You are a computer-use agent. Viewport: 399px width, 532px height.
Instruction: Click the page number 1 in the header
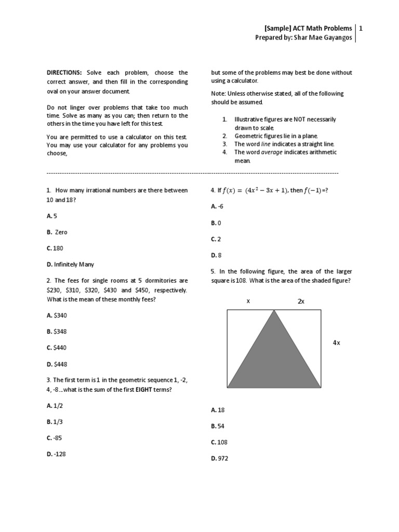point(361,28)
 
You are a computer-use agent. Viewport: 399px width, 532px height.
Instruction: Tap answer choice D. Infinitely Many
point(70,264)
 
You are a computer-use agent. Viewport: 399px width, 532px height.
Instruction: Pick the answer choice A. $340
point(57,315)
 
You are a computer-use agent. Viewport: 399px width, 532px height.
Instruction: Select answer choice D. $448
point(57,364)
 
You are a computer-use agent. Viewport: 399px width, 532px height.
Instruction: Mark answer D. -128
point(57,454)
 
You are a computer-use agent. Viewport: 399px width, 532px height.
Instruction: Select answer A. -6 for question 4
point(217,206)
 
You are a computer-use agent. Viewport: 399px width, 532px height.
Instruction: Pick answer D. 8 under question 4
point(216,255)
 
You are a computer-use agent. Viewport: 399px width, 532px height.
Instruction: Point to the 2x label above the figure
point(301,301)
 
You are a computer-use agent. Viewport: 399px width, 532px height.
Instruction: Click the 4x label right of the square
point(337,343)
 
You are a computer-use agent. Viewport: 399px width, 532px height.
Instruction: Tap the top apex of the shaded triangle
point(274,311)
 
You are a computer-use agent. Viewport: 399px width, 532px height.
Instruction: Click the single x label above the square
point(248,301)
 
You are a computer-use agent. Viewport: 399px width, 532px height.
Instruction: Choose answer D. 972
point(220,459)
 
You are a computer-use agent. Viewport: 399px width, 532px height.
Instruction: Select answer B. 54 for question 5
point(218,426)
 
